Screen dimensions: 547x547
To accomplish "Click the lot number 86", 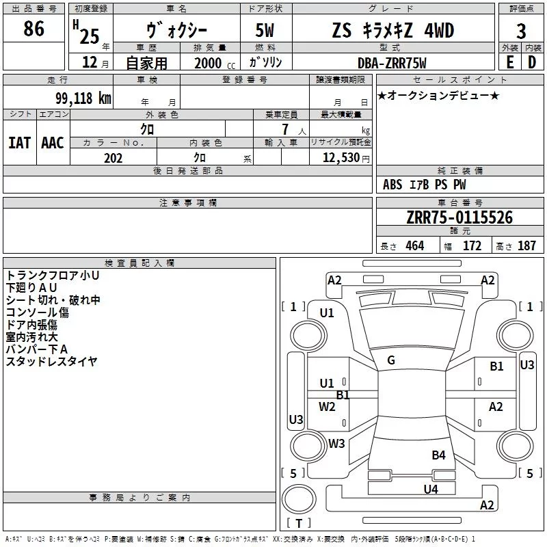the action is pos(34,29).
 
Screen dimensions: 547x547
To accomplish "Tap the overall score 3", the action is pos(521,31).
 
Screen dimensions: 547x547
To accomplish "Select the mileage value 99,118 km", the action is pos(83,98).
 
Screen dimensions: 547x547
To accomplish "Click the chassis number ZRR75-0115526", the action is pos(459,217).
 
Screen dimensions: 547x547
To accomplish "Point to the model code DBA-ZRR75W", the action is pos(392,63).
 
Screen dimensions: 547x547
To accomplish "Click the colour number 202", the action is pos(113,158).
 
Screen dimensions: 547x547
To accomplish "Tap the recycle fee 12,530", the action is pos(341,158).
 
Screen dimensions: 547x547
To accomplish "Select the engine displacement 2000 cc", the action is pos(215,63).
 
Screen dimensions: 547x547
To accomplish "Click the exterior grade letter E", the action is pos(510,62).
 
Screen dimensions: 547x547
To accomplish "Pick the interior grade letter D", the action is pos(532,62).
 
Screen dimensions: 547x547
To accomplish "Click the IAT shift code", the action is pos(20,143).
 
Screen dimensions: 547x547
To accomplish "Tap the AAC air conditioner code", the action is pos(53,143).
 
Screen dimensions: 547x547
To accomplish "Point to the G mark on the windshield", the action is pos(391,360).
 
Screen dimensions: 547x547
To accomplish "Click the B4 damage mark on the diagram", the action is pos(438,455).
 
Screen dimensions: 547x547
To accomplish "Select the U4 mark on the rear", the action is pos(431,489).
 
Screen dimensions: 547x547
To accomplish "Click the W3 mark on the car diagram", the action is pos(336,443).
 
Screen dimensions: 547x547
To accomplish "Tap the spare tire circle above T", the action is pos(299,499).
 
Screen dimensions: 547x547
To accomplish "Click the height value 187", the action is pos(526,245).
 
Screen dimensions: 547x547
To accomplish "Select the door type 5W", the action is pos(265,30).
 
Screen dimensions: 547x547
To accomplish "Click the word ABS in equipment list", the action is pos(392,185).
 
